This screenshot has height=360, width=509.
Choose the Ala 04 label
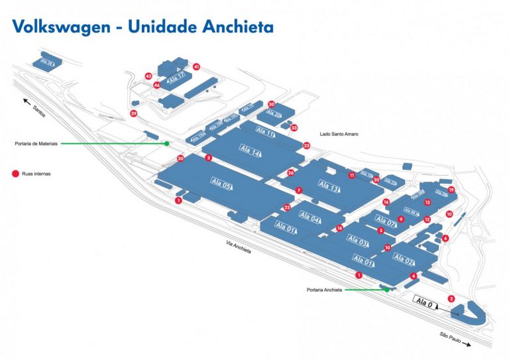(310, 217)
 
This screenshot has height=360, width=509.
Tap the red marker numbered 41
(196, 67)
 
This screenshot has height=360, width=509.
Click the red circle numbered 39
(134, 114)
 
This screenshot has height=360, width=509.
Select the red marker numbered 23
(306, 145)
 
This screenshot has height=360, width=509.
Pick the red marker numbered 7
(299, 190)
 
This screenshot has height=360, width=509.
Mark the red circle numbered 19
(451, 190)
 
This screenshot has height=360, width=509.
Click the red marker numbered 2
(451, 298)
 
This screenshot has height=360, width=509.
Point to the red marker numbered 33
(294, 127)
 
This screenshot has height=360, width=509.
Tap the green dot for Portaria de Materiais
(167, 143)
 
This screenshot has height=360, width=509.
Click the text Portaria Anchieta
(324, 290)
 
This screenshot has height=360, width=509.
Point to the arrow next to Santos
(27, 101)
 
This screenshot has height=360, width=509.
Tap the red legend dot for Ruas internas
(15, 174)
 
